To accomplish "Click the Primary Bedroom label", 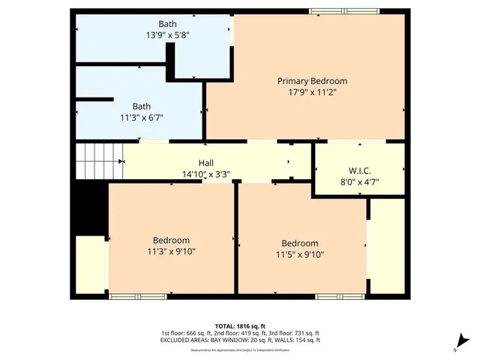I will coord(312,81).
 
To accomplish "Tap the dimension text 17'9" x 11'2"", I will coord(312,92).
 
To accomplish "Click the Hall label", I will coord(206,163).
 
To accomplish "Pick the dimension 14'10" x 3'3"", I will coord(206,174).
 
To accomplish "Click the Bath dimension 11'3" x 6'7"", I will coord(142,117).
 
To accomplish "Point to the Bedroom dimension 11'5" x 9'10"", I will coord(300,254).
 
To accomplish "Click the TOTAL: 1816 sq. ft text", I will coord(240,325).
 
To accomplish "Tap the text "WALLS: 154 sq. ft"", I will coord(298,340).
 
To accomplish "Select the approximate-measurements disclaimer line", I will coord(240,349).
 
